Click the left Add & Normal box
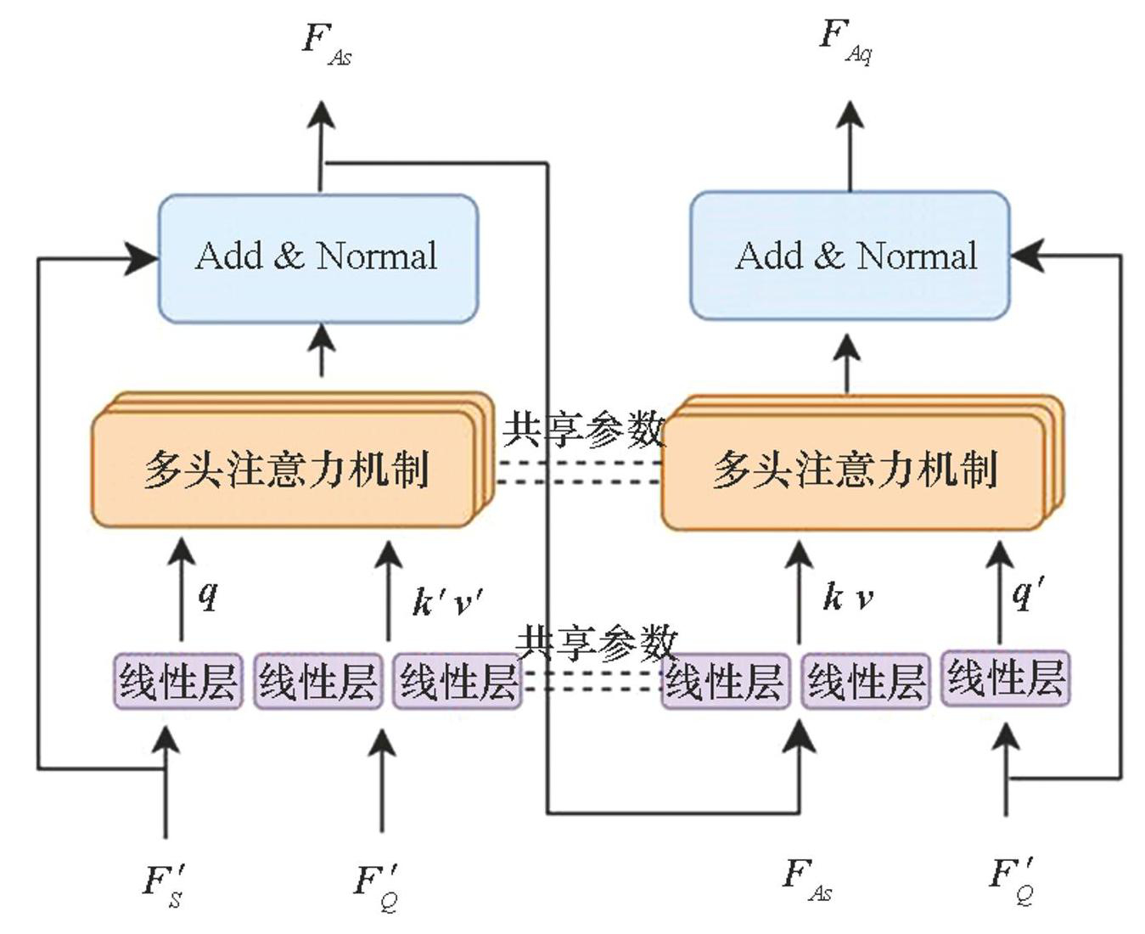[x=318, y=258]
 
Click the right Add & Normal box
[x=850, y=256]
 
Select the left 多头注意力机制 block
[x=284, y=469]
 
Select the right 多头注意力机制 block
[x=853, y=470]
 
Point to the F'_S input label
[x=164, y=883]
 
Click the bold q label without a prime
[x=208, y=594]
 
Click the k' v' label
[x=447, y=601]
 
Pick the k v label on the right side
[x=847, y=598]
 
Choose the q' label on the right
[x=1028, y=591]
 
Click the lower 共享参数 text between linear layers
[x=597, y=643]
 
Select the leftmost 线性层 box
[x=178, y=681]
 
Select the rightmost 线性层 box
[x=1006, y=678]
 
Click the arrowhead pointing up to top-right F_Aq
[x=850, y=114]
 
